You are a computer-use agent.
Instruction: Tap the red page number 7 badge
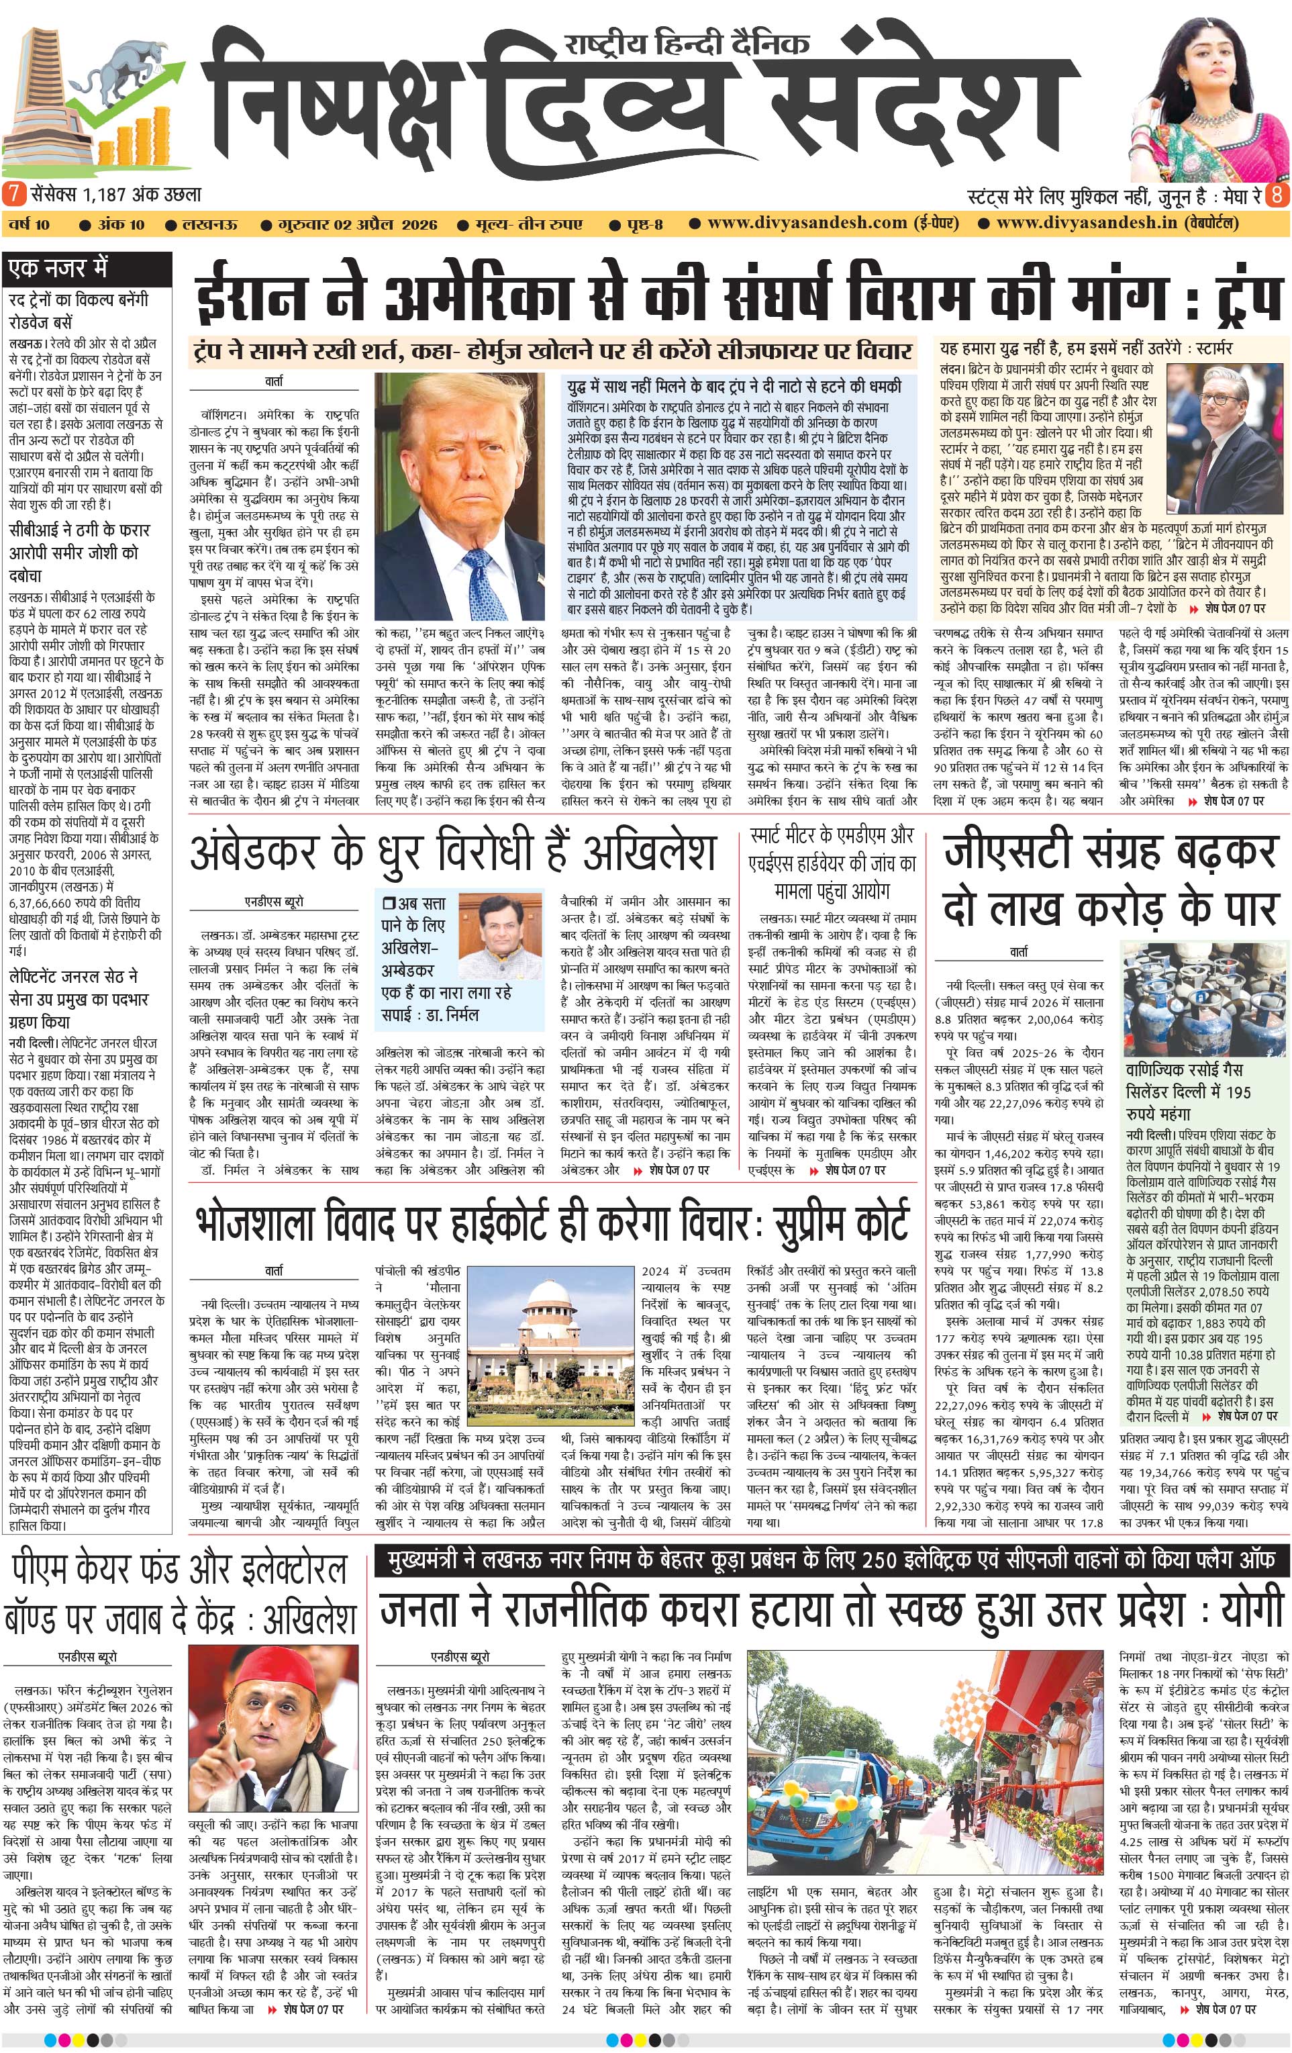point(13,193)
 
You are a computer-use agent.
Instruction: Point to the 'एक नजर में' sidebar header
point(58,269)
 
